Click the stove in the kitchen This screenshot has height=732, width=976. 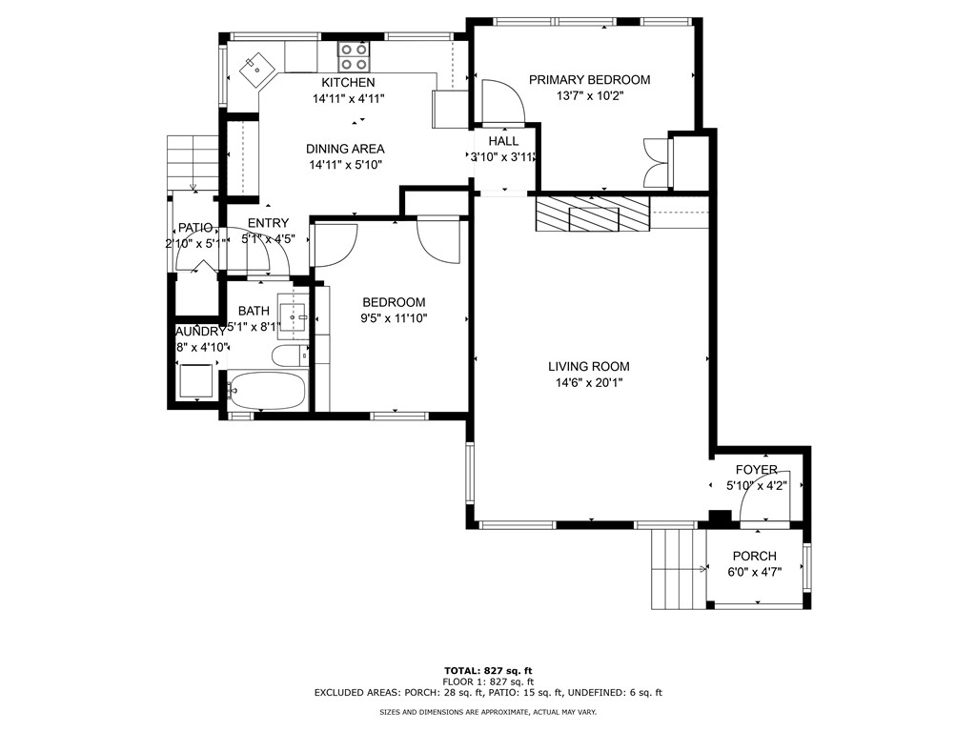pos(355,57)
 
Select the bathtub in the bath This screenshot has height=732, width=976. pos(267,391)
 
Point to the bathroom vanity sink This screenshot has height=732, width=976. pos(294,314)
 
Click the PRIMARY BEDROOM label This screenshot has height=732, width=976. pos(589,80)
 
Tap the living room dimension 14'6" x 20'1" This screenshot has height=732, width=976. pos(588,383)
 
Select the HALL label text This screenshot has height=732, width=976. pos(503,141)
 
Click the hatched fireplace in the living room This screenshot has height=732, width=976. pos(591,214)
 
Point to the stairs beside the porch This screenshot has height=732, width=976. pos(677,569)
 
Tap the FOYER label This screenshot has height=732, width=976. pos(756,470)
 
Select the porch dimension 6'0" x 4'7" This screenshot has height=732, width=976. pos(754,573)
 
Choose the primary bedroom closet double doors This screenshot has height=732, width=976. pos(657,162)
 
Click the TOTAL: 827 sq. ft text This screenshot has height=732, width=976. pos(487,671)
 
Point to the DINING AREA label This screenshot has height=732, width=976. pos(345,149)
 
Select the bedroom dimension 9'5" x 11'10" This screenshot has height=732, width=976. pos(393,318)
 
